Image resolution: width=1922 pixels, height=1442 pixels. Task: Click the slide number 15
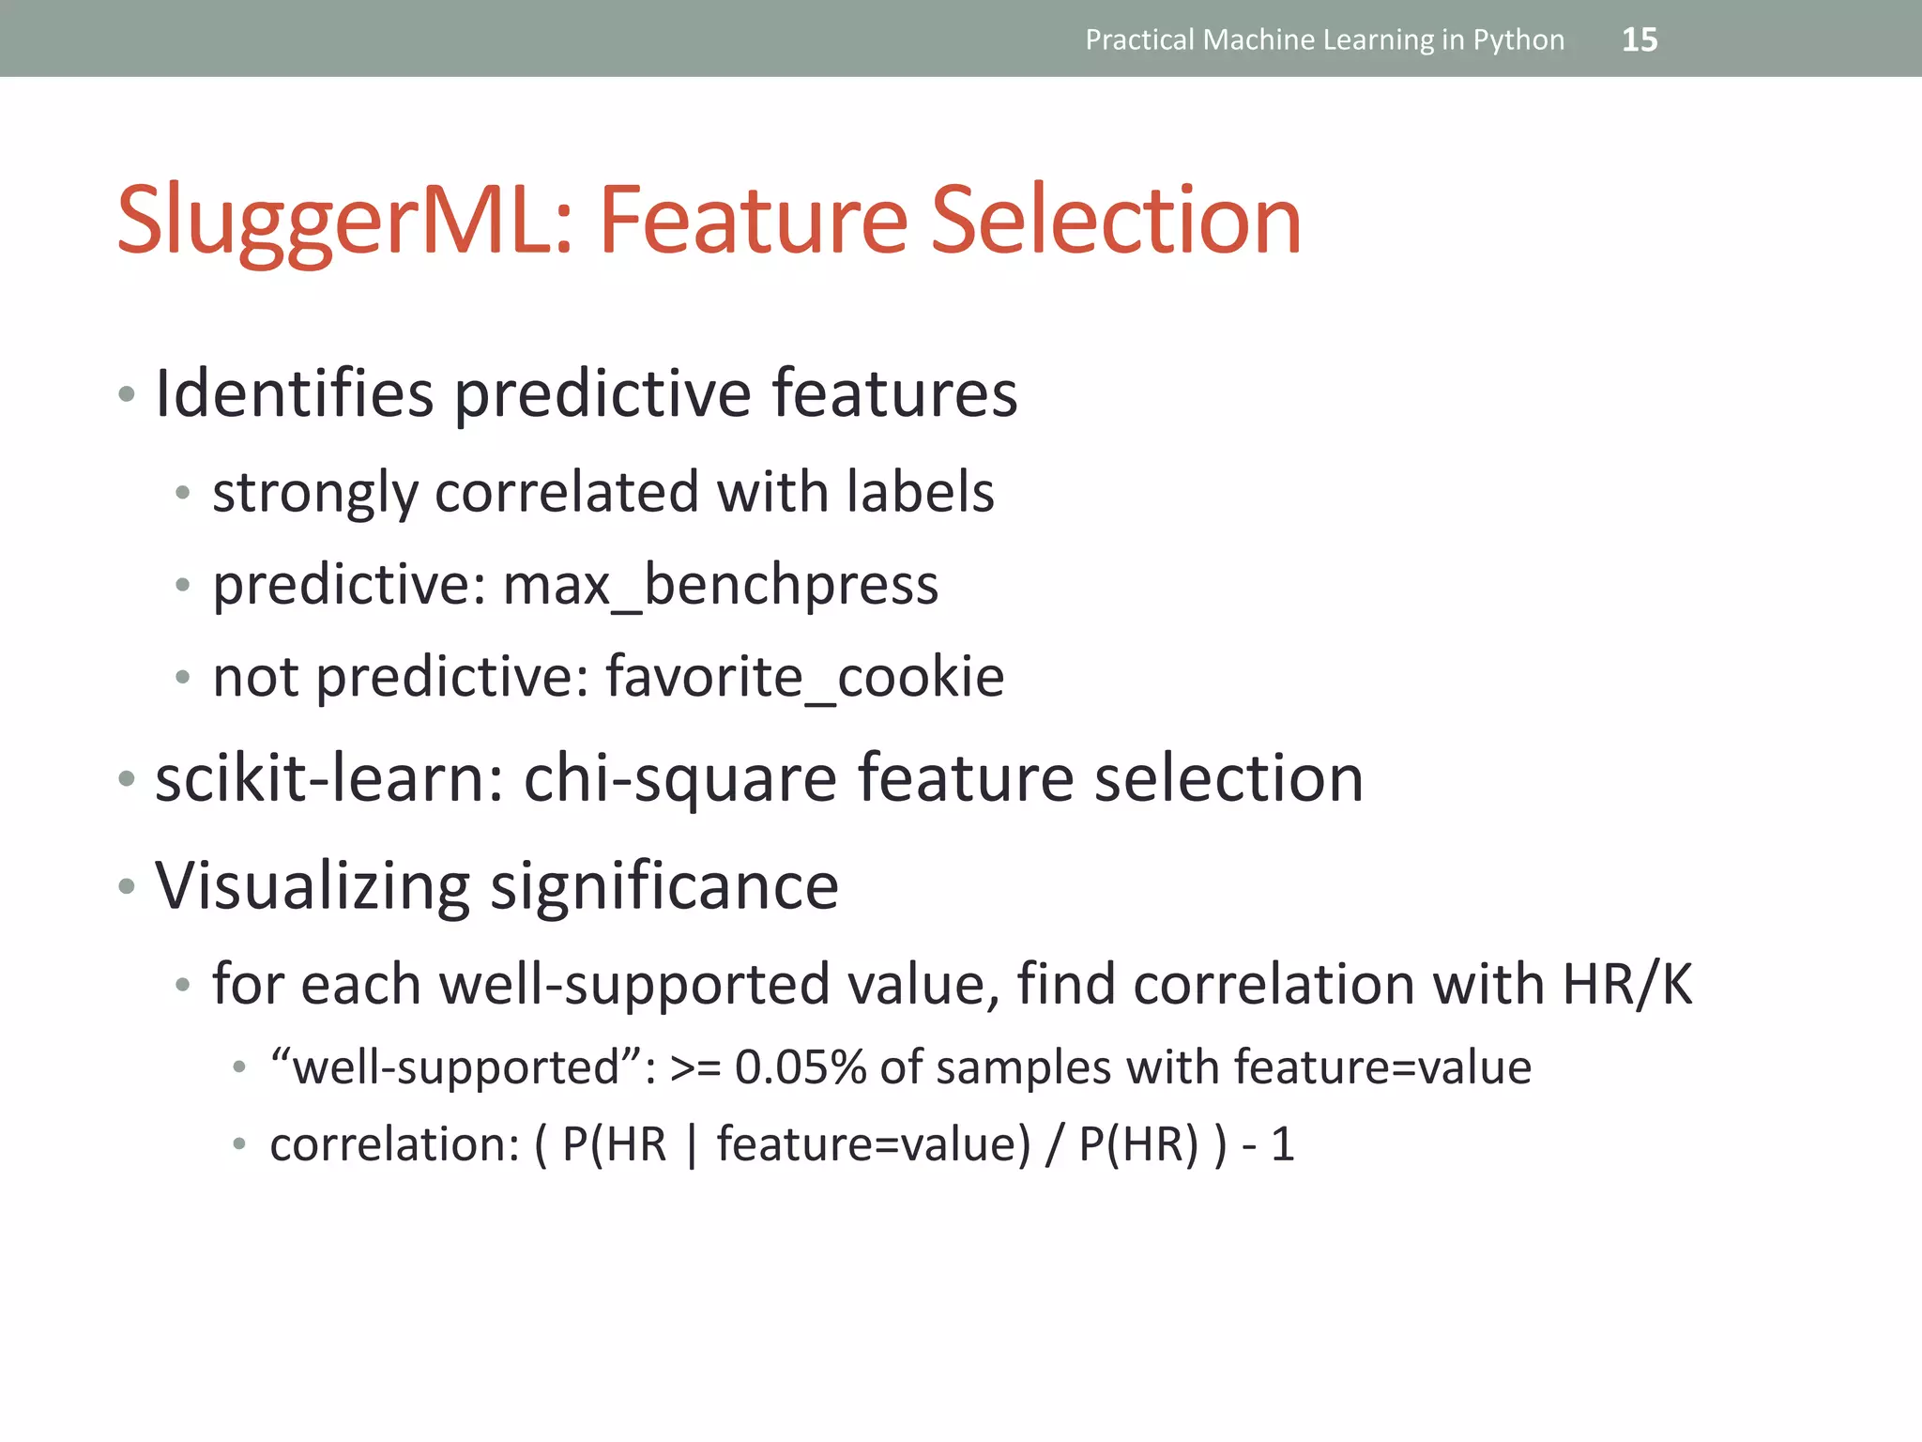point(1639,39)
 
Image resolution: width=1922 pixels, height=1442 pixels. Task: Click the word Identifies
point(294,392)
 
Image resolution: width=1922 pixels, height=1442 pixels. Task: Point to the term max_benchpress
point(720,585)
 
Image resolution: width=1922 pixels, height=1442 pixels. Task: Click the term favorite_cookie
point(804,676)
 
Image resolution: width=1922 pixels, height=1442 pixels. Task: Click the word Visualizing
point(312,886)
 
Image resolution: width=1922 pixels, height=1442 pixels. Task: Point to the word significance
point(664,886)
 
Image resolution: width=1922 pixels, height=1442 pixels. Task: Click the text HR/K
point(1627,984)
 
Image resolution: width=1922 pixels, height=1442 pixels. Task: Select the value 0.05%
point(801,1067)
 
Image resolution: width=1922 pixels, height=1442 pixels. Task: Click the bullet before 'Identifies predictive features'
point(127,393)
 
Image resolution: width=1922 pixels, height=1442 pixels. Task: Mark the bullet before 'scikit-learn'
point(127,778)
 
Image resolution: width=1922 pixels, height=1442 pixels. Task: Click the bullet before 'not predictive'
point(183,676)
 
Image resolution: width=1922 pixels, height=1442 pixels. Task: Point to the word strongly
point(314,493)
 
